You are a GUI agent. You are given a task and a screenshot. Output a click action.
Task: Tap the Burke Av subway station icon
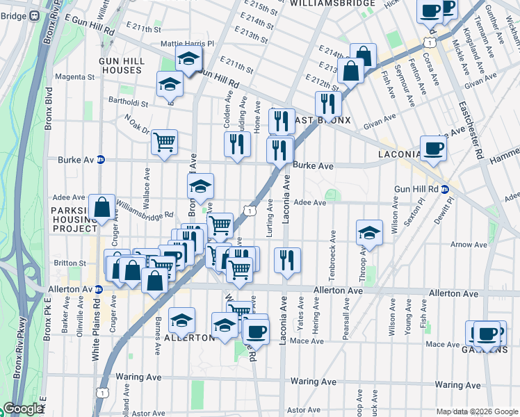(x=100, y=159)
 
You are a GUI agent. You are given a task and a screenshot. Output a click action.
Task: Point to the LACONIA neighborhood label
(x=399, y=154)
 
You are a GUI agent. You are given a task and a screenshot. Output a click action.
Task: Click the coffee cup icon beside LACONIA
(x=433, y=148)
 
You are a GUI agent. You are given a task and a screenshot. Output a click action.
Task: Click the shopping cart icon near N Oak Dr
(x=165, y=143)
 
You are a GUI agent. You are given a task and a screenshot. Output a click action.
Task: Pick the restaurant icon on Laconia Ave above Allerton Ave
(x=287, y=260)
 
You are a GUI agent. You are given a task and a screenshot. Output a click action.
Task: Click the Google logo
(x=23, y=409)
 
